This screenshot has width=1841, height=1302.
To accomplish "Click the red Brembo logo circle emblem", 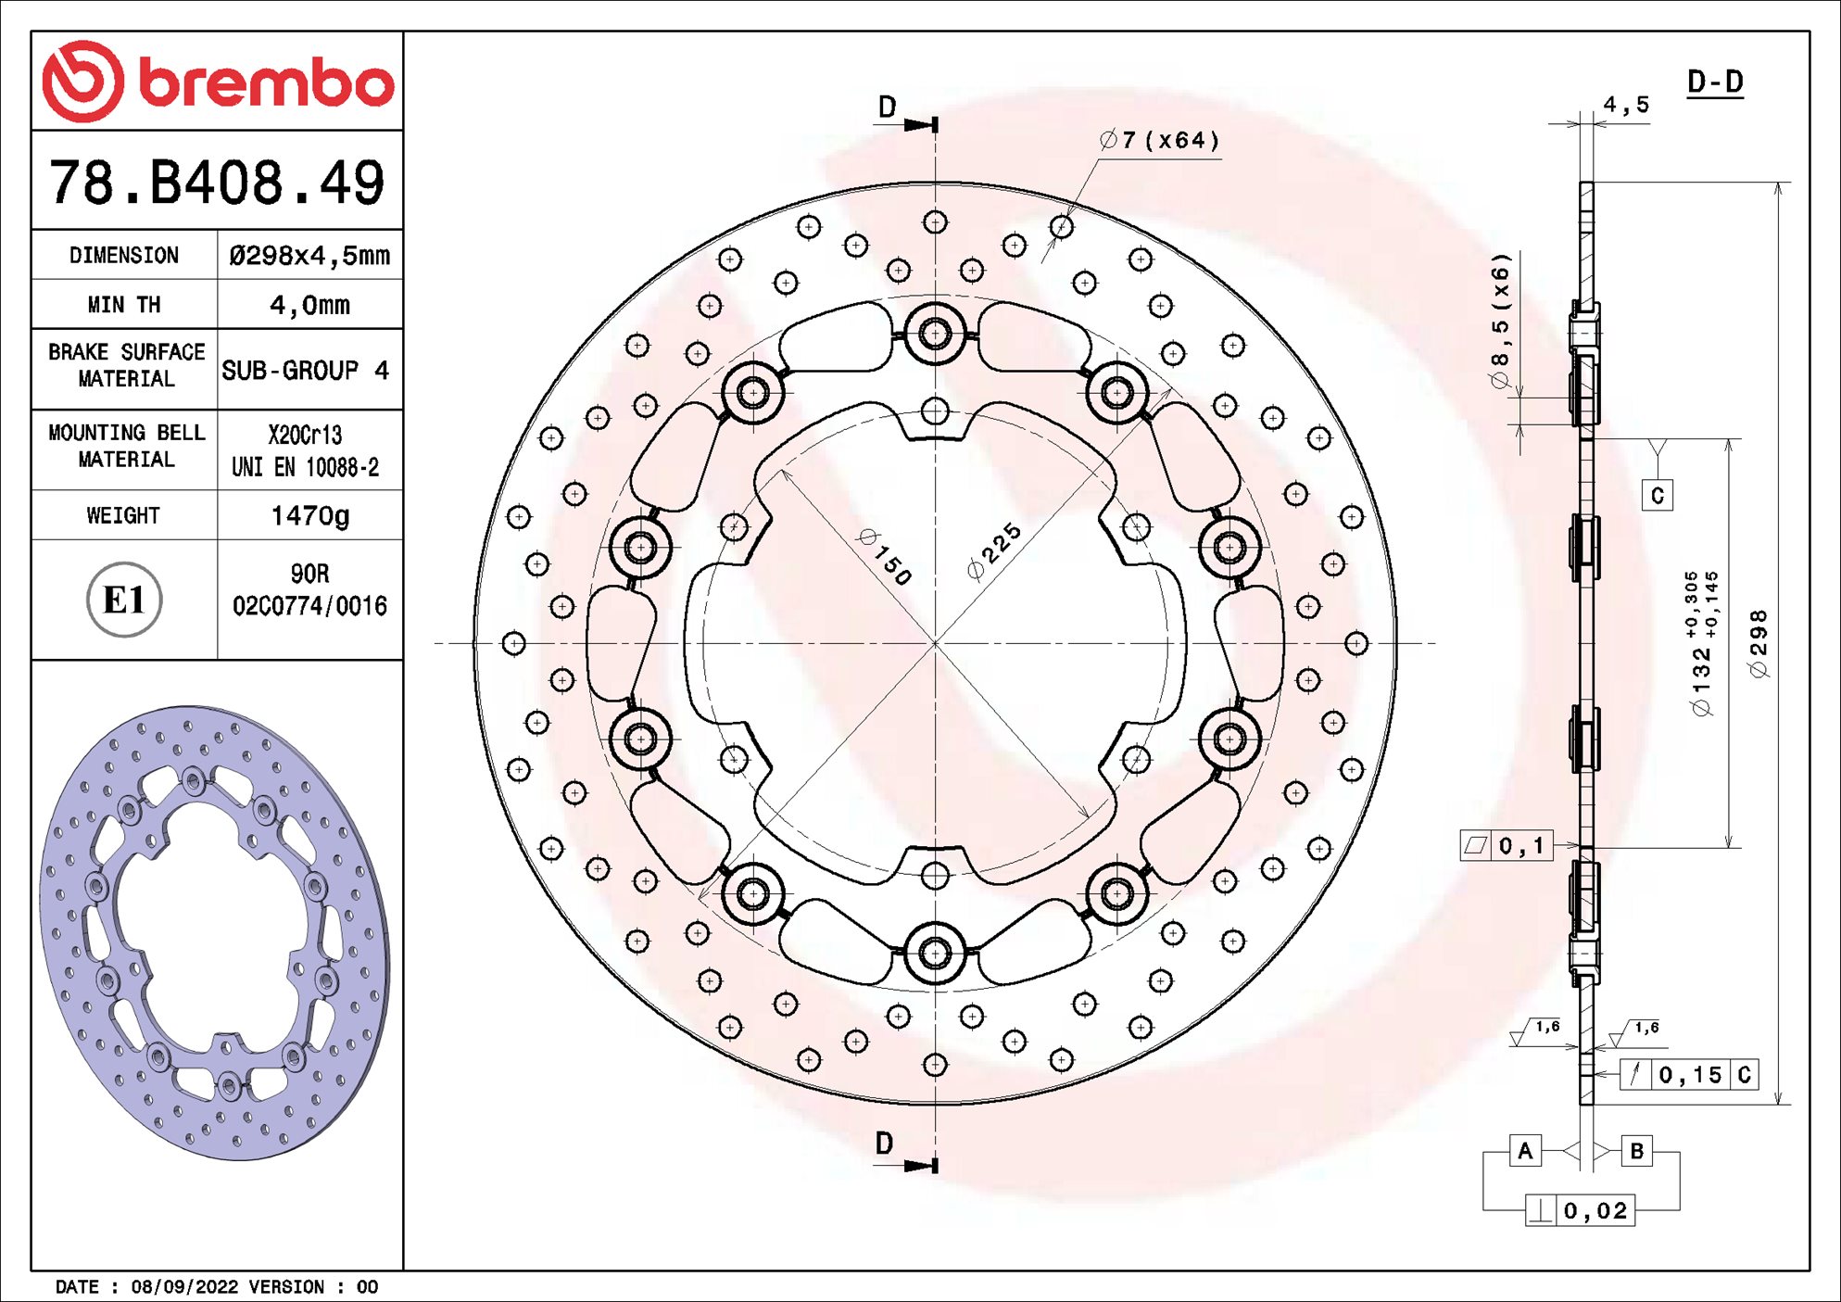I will click(x=82, y=82).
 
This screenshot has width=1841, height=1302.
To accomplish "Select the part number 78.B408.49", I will click(x=217, y=182).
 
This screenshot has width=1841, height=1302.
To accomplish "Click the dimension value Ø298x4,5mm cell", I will click(x=309, y=256).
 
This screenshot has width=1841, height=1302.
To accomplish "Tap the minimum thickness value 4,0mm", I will click(x=309, y=305).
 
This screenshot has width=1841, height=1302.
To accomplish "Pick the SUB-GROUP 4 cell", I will click(x=306, y=371).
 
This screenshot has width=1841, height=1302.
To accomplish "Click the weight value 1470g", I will click(x=309, y=515).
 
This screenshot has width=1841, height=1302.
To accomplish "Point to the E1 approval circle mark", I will click(x=124, y=600).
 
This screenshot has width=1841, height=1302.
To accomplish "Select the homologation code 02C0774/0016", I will click(x=309, y=606).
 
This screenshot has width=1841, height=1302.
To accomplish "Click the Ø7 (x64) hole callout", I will click(x=1159, y=140).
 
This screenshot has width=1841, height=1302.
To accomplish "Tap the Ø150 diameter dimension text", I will click(x=885, y=556).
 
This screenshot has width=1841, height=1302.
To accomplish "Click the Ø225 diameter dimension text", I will click(x=993, y=551).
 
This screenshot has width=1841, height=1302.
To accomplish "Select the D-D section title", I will click(x=1715, y=82).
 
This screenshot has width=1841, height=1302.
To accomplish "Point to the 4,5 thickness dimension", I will click(x=1626, y=105).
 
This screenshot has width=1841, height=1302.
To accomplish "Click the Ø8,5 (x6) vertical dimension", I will click(x=1500, y=321).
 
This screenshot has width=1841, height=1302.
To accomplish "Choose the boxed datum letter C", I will click(x=1658, y=496).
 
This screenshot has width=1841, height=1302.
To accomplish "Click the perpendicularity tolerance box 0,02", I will click(x=1594, y=1211).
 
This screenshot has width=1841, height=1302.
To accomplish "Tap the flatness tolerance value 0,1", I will click(x=1520, y=845).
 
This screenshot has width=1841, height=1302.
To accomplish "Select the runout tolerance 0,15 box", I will click(x=1690, y=1075).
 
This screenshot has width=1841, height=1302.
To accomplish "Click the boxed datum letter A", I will click(x=1525, y=1151).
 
